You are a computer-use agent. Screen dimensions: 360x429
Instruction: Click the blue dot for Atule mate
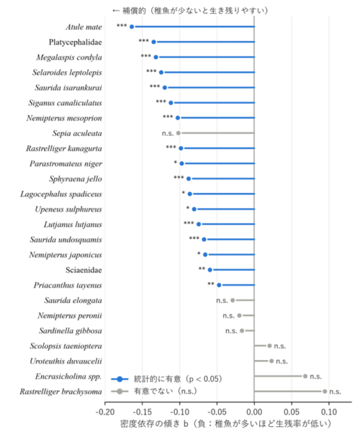(x=132, y=27)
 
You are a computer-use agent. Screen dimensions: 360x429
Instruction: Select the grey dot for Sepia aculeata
(x=179, y=133)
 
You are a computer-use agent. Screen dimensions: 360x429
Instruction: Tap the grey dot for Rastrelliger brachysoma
(x=325, y=392)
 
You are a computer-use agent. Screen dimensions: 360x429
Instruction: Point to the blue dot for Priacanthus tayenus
(x=219, y=285)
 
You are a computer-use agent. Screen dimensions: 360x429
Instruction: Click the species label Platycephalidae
(x=76, y=42)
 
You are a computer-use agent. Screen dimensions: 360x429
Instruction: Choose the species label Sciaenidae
(x=84, y=270)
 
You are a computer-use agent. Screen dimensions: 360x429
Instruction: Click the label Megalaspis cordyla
(x=69, y=58)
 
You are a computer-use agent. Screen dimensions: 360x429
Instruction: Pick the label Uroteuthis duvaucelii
(x=66, y=361)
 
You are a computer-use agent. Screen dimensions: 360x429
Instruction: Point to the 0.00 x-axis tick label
(x=254, y=412)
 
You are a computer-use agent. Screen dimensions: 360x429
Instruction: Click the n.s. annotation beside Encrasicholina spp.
(x=315, y=376)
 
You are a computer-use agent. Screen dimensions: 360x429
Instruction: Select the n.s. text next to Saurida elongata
(x=222, y=300)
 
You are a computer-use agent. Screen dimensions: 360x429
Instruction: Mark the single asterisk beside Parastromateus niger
(x=176, y=163)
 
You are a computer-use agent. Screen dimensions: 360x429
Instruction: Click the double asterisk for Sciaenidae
(x=202, y=268)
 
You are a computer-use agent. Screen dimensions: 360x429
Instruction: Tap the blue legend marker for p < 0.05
(x=120, y=379)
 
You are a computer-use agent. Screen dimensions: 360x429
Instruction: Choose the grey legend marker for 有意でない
(x=120, y=392)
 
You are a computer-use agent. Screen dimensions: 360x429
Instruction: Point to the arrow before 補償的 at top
(x=116, y=11)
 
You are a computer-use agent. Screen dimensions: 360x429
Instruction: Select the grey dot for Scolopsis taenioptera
(x=269, y=346)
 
